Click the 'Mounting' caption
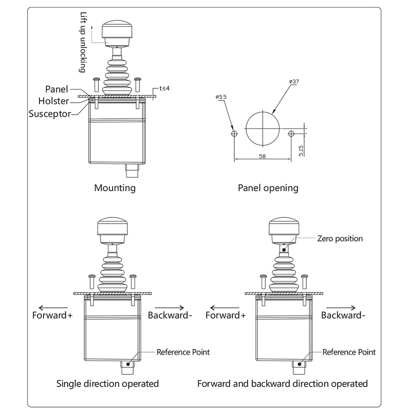click(115, 188)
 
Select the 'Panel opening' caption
click(268, 188)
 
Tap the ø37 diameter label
click(295, 82)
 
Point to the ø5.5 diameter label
click(221, 97)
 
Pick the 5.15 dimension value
click(302, 150)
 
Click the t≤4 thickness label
click(164, 88)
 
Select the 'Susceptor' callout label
click(49, 113)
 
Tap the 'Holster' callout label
click(53, 101)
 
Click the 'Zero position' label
click(340, 238)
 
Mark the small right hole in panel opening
click(291, 134)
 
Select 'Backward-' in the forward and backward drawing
click(343, 315)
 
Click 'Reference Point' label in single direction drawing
click(183, 352)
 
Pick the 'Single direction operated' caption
click(107, 383)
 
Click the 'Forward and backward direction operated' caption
click(283, 383)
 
